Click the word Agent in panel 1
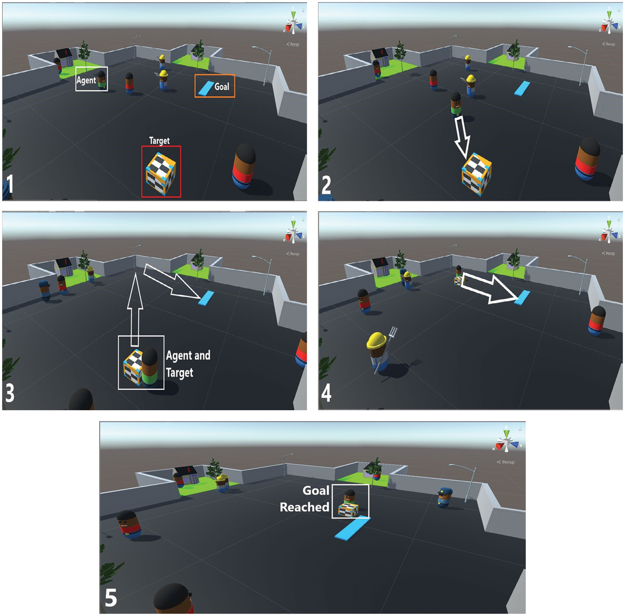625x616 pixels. click(x=86, y=80)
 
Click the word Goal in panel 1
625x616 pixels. click(x=222, y=87)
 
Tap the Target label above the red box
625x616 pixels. click(x=160, y=141)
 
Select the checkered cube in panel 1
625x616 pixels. click(x=161, y=174)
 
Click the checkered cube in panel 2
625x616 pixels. click(x=477, y=174)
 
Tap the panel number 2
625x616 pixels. click(x=326, y=185)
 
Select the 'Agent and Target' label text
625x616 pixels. click(x=188, y=364)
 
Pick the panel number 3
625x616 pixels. click(x=10, y=393)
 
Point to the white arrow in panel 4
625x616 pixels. click(x=490, y=288)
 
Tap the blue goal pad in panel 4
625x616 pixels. click(x=522, y=298)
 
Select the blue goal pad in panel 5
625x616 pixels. click(x=352, y=529)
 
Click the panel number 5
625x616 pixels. click(x=111, y=598)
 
